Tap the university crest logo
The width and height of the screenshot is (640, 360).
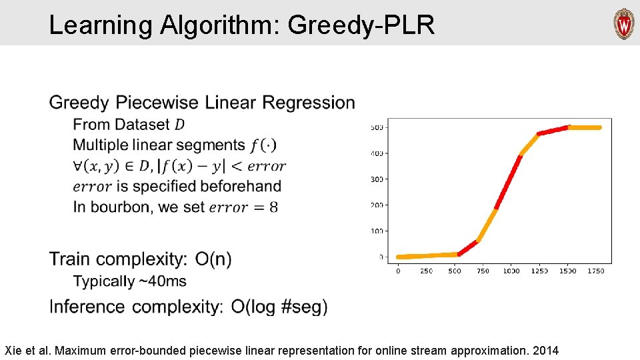click(624, 24)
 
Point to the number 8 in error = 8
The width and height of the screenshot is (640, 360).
click(273, 207)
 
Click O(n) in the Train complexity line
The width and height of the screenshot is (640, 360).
click(213, 259)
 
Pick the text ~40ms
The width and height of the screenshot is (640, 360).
click(162, 281)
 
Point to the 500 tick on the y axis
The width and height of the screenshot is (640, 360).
click(377, 127)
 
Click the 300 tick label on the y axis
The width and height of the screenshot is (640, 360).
click(377, 179)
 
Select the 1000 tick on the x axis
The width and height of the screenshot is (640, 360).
click(511, 271)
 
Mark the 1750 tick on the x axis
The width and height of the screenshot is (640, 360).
click(596, 271)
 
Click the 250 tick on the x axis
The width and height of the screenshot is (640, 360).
click(427, 271)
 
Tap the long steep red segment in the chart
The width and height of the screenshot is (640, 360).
click(508, 181)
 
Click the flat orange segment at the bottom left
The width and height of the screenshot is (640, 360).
click(427, 255)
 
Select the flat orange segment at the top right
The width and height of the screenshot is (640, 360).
click(585, 127)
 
